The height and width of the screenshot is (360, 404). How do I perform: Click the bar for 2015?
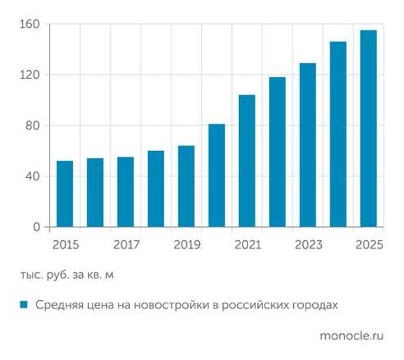65,194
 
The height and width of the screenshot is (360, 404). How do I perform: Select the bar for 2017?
125,192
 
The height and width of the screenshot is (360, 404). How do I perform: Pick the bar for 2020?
216,175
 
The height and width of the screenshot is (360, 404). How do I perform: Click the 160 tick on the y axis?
33,25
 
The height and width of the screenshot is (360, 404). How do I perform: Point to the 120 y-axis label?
33,75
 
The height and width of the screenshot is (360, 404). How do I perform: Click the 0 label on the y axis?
38,227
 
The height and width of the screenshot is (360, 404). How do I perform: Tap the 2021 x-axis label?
248,245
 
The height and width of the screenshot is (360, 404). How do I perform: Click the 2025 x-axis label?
369,245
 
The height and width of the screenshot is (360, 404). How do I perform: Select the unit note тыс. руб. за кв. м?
66,275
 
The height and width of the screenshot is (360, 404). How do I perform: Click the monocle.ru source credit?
351,336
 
